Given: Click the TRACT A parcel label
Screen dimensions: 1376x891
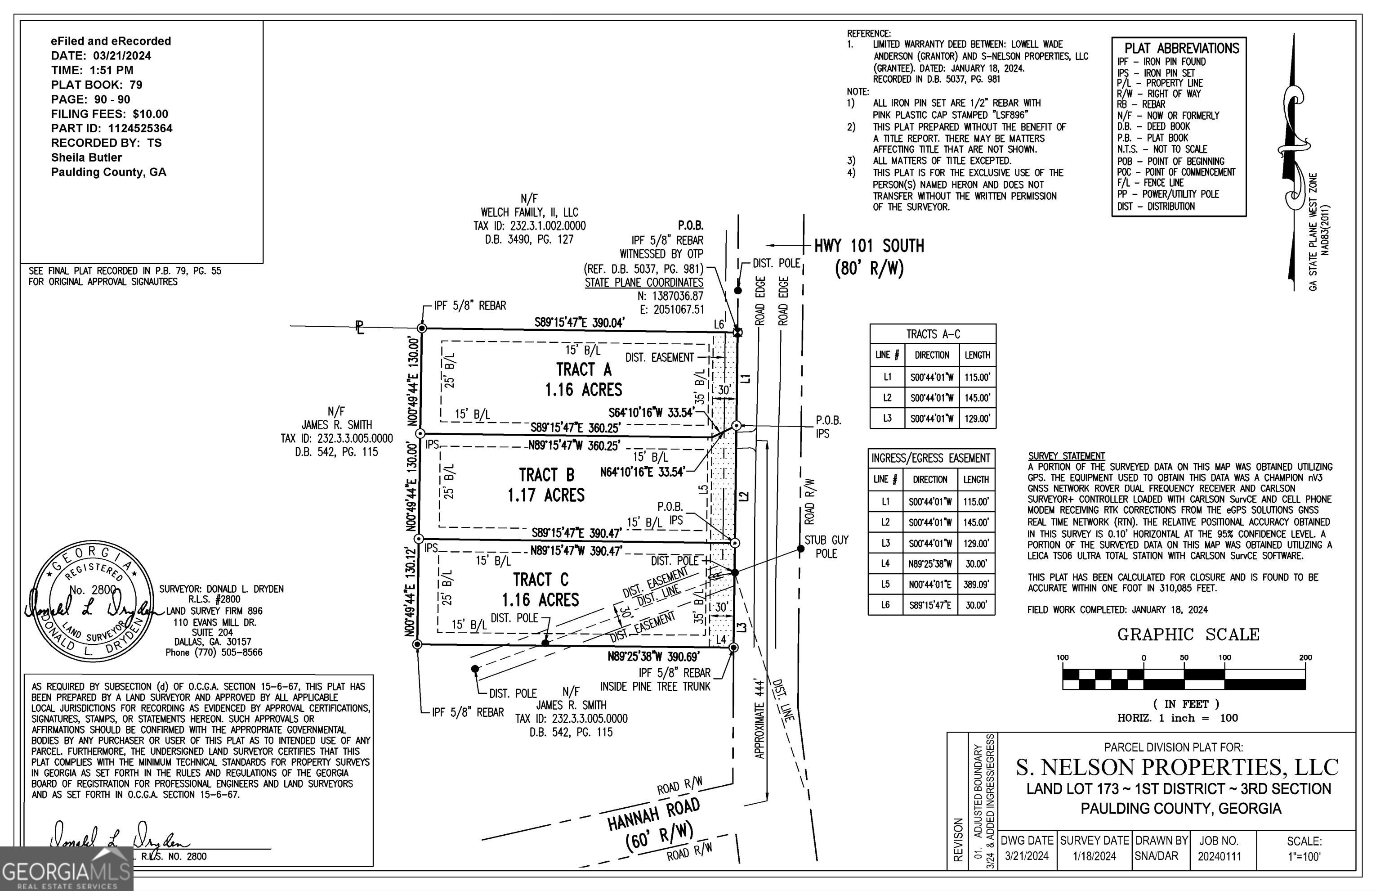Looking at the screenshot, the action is click(x=583, y=369).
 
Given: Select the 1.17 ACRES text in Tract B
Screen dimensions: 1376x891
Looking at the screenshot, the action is click(x=546, y=495).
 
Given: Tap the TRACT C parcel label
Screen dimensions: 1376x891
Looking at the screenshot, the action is click(x=541, y=579).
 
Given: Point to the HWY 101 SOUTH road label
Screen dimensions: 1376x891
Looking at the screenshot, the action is click(x=869, y=246).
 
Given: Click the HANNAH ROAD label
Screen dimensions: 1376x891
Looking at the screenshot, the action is click(x=653, y=814).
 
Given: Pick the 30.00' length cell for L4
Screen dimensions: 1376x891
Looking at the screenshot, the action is click(x=975, y=563).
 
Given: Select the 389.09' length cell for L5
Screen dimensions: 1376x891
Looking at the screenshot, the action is click(x=975, y=585).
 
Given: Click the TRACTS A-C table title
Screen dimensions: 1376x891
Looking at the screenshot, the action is click(x=933, y=334).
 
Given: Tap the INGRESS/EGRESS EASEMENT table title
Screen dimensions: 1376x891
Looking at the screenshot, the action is click(x=930, y=458).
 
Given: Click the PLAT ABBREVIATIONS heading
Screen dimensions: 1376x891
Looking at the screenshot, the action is click(x=1181, y=48).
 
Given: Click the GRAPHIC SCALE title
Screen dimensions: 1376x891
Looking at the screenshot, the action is click(x=1188, y=634).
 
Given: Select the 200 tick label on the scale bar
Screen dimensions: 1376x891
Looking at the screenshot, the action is click(x=1305, y=657).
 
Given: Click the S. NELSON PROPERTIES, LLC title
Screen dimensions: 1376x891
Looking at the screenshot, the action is click(x=1177, y=767).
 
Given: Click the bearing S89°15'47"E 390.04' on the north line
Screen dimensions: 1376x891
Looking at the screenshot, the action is click(x=579, y=323).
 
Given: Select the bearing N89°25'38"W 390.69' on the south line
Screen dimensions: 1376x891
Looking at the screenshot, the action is click(x=653, y=657).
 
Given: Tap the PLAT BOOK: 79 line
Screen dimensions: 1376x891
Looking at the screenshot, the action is click(x=97, y=85).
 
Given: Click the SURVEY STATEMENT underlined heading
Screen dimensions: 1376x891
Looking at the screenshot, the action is click(x=1066, y=456).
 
